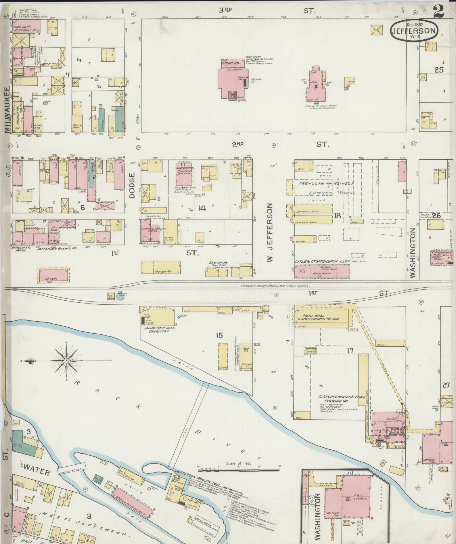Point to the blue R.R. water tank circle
pos(120,297)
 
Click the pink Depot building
pos(53,275)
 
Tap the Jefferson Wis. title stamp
pos(414,31)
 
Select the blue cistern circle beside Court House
pos(253,82)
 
